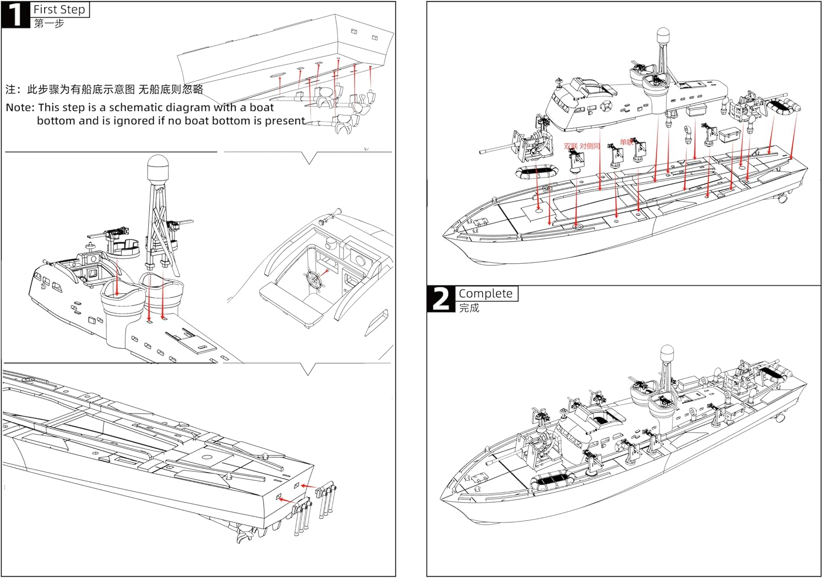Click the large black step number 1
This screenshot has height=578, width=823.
tap(15, 14)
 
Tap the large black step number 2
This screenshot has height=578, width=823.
tap(441, 299)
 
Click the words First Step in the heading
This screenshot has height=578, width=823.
tap(59, 9)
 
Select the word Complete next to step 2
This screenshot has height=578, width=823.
tap(486, 293)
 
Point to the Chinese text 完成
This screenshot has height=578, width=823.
tap(469, 308)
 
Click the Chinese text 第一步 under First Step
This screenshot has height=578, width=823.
tap(49, 24)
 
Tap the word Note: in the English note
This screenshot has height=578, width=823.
tap(20, 108)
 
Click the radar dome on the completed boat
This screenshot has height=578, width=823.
tap(667, 353)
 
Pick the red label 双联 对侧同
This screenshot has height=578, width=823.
tap(582, 146)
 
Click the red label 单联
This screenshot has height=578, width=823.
tap(626, 142)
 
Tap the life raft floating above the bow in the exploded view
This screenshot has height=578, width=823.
tap(537, 173)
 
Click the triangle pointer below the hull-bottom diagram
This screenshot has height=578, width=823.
tap(309, 158)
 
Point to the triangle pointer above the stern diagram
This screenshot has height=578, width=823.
tap(308, 369)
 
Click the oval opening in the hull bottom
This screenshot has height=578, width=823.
tap(278, 74)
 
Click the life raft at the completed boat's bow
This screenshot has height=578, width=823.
tap(554, 482)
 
